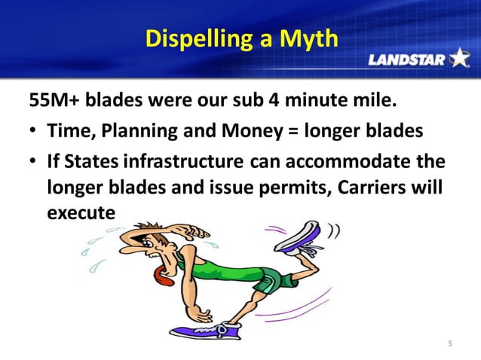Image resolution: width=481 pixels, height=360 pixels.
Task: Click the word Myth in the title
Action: [308, 38]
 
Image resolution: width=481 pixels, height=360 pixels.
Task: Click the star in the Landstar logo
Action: [458, 58]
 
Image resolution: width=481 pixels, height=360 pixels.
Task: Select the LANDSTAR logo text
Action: [406, 59]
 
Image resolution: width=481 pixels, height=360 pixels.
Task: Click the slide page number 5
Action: [450, 344]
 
